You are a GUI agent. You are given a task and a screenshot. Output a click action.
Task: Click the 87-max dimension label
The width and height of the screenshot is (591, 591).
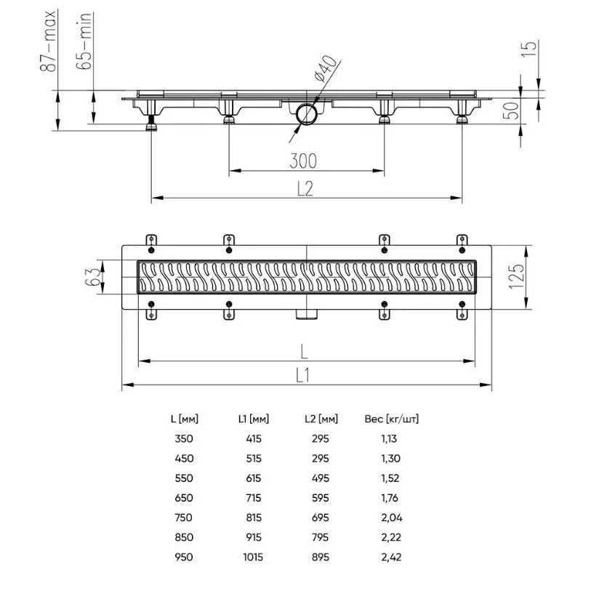point(48,41)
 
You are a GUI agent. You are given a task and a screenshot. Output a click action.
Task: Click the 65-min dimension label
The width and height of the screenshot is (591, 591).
point(84,41)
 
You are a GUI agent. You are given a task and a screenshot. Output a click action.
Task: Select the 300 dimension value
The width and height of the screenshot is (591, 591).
point(303,161)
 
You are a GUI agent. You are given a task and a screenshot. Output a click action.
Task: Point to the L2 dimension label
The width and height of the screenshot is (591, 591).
point(305,188)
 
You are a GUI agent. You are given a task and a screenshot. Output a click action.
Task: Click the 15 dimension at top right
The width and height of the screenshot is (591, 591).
point(528,49)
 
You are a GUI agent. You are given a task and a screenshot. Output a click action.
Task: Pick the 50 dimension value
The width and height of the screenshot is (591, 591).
point(511,110)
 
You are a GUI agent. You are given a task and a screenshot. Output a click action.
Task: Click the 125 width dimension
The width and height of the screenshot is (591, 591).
point(516,276)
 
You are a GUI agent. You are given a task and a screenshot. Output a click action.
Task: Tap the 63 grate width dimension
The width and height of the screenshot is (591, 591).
point(93,277)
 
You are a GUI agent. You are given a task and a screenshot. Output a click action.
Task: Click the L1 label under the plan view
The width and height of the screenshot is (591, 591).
point(302,375)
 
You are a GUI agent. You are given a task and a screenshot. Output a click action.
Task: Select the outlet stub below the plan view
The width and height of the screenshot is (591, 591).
point(307,314)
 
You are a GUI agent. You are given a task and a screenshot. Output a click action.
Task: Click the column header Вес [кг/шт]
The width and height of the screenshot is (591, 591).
point(392,419)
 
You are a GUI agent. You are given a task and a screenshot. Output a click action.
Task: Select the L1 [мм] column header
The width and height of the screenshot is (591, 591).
point(254,419)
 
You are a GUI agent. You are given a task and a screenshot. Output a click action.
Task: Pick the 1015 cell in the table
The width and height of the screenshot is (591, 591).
point(253,557)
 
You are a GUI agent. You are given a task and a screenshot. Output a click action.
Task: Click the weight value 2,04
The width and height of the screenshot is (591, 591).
point(392,518)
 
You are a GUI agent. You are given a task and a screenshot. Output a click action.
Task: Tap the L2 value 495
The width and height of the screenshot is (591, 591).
point(321,478)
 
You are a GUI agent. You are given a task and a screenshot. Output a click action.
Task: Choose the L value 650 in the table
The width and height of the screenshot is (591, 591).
point(184,497)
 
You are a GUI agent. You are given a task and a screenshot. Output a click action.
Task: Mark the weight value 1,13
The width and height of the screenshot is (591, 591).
point(389,439)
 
